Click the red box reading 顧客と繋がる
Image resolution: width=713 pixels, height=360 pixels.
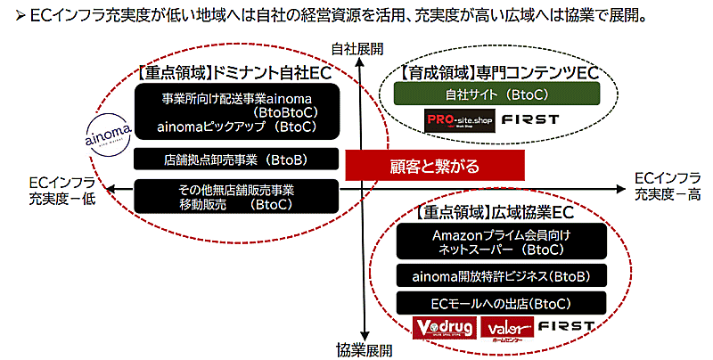click(x=434, y=165)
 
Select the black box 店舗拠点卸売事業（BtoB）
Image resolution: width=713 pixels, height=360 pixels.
click(x=237, y=160)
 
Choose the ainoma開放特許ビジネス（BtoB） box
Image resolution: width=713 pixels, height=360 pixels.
click(x=502, y=276)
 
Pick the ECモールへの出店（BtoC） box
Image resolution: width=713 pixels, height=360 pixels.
click(x=502, y=303)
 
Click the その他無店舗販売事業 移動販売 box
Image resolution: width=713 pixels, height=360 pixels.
click(x=237, y=197)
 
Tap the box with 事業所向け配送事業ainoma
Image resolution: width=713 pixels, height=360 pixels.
click(x=237, y=112)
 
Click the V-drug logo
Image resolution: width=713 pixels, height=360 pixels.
click(x=443, y=328)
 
